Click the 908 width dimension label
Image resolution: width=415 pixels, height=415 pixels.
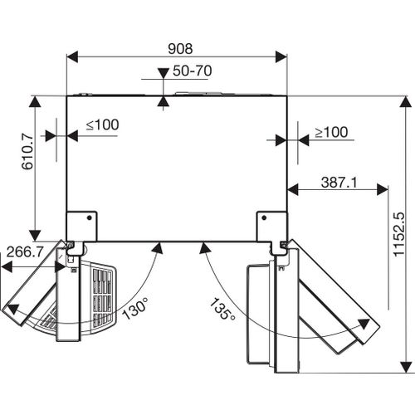(x=180, y=49)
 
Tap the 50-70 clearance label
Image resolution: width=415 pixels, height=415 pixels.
(x=193, y=71)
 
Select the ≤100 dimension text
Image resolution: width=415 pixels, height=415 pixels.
(x=103, y=124)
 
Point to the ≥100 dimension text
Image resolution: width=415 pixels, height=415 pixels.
(x=331, y=132)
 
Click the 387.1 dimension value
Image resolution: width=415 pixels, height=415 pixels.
(x=339, y=183)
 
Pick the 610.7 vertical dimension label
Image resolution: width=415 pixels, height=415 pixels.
(x=27, y=151)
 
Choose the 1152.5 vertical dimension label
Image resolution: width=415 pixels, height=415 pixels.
(x=399, y=235)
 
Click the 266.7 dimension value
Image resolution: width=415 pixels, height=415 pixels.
(x=25, y=251)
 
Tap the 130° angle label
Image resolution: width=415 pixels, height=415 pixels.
(x=135, y=308)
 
